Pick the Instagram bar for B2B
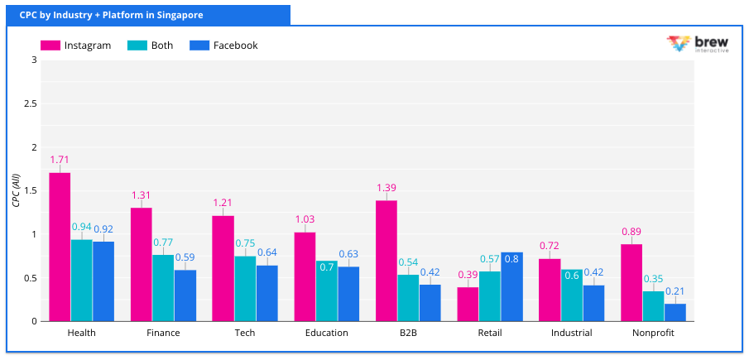[x=387, y=261]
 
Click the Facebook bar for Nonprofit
[x=675, y=312]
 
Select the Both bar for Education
[x=327, y=290]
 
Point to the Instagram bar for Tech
[x=223, y=268]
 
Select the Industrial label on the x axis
[x=572, y=333]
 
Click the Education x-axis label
[x=326, y=333]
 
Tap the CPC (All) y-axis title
[x=15, y=190]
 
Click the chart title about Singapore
[x=111, y=15]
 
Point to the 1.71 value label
[x=60, y=159]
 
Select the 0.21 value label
[x=675, y=290]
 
